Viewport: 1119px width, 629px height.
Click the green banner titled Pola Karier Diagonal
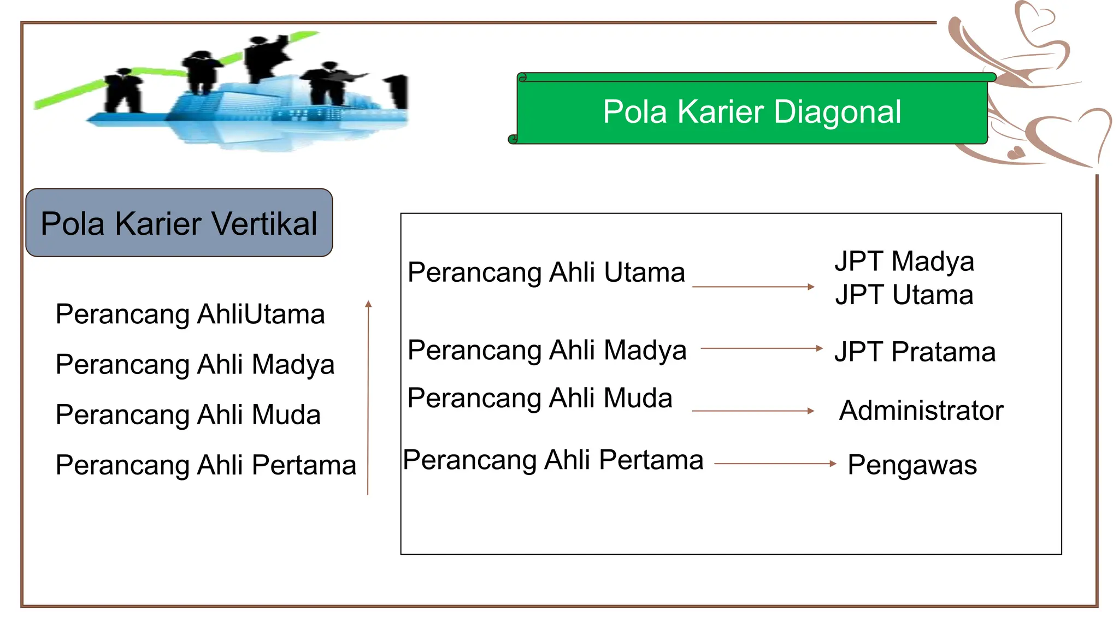point(752,112)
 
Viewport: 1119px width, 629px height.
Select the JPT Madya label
point(904,261)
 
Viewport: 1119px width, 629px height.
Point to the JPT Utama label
point(904,295)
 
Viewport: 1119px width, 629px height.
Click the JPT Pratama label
point(915,352)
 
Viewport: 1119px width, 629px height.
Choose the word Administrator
point(921,411)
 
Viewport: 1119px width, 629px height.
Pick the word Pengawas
point(912,465)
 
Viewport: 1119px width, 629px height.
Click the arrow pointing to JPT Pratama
point(761,348)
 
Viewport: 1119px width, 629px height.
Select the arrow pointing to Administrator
point(753,411)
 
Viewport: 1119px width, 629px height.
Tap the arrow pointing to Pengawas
point(775,464)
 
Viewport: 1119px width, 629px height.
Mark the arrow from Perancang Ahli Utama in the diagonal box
point(753,287)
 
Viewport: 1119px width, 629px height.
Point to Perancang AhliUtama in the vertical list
point(190,314)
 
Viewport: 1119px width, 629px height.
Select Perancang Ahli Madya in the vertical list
point(195,365)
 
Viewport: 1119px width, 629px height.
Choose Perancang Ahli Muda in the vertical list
point(188,415)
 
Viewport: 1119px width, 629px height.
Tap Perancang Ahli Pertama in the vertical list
point(206,465)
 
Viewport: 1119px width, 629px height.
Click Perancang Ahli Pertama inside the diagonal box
point(553,460)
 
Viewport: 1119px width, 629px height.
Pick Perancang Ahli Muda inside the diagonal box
point(540,398)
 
